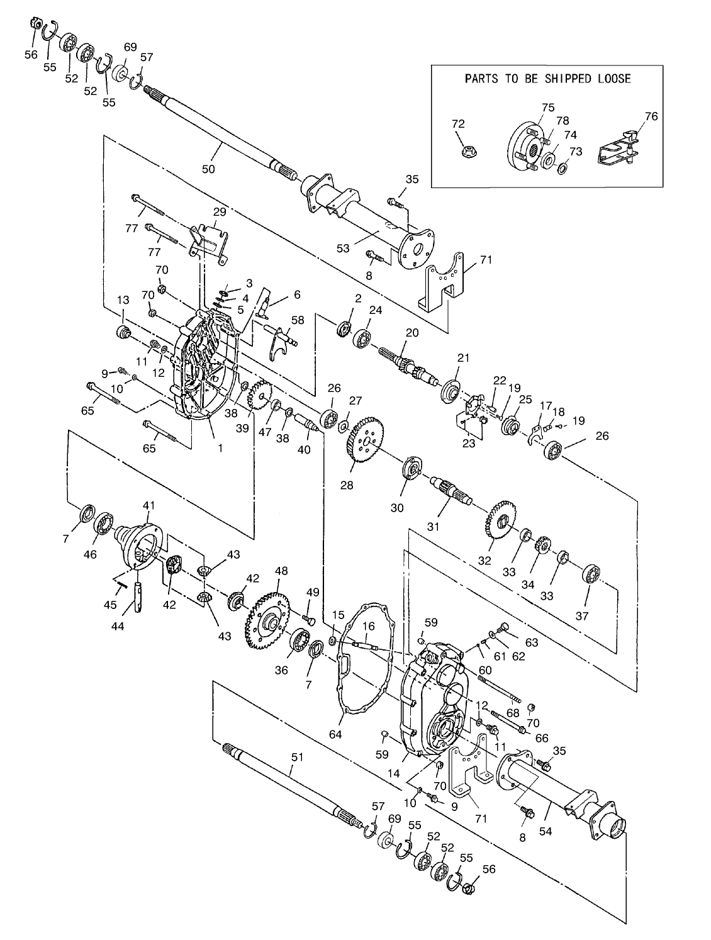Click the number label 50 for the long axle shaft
coord(208,169)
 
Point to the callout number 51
coord(297,757)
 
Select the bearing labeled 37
coord(591,574)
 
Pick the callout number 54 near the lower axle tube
coord(546,831)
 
